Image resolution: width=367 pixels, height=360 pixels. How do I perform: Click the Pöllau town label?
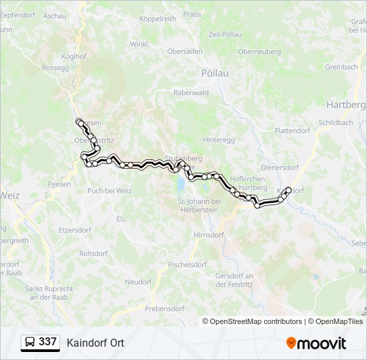[x=214, y=73]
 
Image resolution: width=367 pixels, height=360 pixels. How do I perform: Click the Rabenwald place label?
[x=191, y=93]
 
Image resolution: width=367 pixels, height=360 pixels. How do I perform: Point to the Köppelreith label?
[x=158, y=19]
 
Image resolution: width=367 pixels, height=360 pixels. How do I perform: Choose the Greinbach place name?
[x=342, y=67]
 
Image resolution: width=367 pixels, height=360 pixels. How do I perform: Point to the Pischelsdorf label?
[x=188, y=264]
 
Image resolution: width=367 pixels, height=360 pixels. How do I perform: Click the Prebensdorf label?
[x=163, y=309]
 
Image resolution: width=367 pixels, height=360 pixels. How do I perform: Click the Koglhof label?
[x=73, y=57]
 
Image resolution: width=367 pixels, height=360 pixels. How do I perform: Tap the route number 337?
[x=47, y=342]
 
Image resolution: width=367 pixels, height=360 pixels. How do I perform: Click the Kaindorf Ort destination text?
[x=95, y=343]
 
